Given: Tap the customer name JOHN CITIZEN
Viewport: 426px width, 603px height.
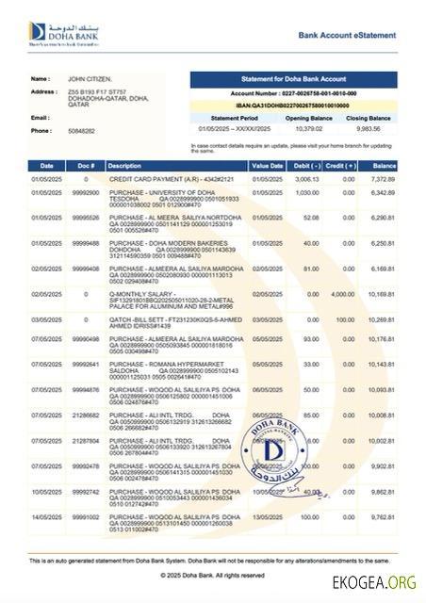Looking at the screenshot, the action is click(x=90, y=79).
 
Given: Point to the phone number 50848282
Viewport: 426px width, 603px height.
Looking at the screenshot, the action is click(x=82, y=131).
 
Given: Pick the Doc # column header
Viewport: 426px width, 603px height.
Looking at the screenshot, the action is click(x=85, y=166).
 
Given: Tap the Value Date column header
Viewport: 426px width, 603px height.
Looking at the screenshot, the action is click(x=267, y=166).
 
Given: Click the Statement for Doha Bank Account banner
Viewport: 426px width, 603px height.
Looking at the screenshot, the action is click(x=296, y=80).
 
